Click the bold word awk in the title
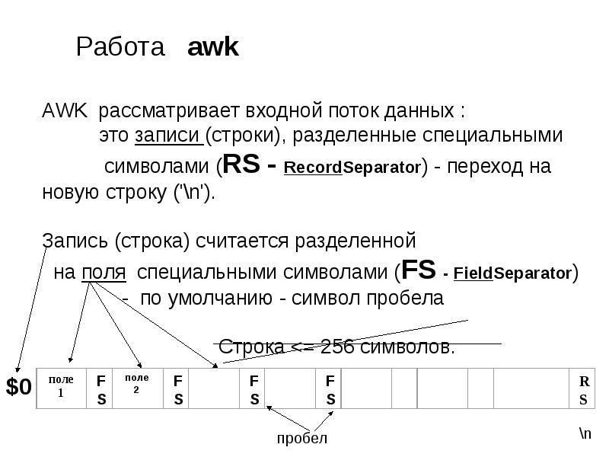pyautogui.click(x=213, y=48)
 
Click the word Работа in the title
pyautogui.click(x=121, y=48)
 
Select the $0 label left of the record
pyautogui.click(x=19, y=388)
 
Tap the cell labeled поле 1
pyautogui.click(x=62, y=387)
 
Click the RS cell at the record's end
pyautogui.click(x=583, y=389)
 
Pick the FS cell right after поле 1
pyautogui.click(x=100, y=389)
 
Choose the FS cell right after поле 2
pyautogui.click(x=177, y=389)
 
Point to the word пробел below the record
pyautogui.click(x=301, y=438)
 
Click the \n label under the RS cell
pyautogui.click(x=584, y=433)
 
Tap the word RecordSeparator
pyautogui.click(x=352, y=167)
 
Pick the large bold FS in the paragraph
pyautogui.click(x=417, y=271)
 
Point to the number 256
pyautogui.click(x=336, y=347)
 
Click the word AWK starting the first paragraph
pyautogui.click(x=64, y=111)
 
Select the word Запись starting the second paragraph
pyautogui.click(x=74, y=241)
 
